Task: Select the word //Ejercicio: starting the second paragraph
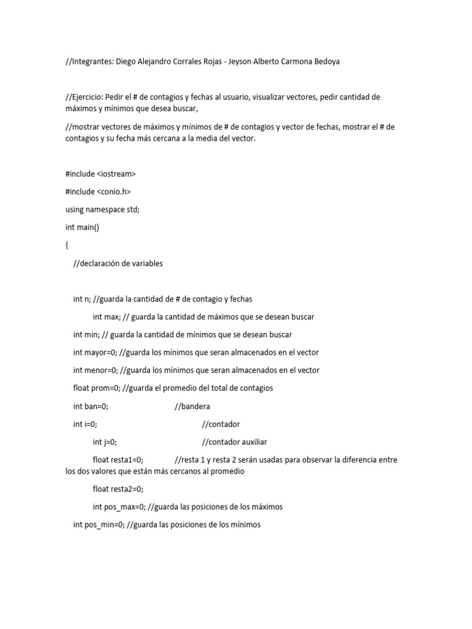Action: pos(87,97)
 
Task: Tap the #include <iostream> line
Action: pos(101,174)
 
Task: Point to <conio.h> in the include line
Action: pos(114,192)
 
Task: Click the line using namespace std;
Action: pos(103,209)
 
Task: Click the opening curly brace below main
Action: pos(67,245)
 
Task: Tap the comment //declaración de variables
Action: pos(118,264)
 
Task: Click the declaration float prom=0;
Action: pos(96,388)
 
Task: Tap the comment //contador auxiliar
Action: pos(234,442)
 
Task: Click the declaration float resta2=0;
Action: pos(118,490)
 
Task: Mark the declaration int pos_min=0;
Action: pos(98,525)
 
